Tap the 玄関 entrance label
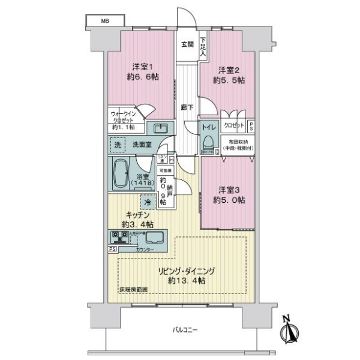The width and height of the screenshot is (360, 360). [187, 44]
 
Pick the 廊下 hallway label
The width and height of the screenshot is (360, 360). [187, 108]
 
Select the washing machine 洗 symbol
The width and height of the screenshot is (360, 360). [118, 145]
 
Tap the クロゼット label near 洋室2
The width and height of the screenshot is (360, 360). [234, 127]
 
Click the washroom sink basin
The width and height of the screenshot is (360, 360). [160, 128]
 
